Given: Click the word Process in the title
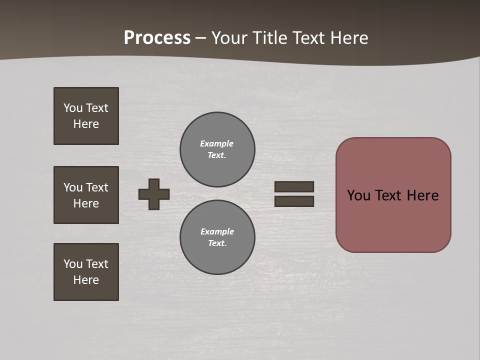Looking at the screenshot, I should tap(157, 38).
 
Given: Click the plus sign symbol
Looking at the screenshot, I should tap(154, 194).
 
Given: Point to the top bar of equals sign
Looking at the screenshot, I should tap(294, 186).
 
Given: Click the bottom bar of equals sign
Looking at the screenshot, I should tap(294, 201).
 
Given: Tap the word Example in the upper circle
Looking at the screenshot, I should tap(216, 143).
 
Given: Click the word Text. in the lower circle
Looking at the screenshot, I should tap(217, 243).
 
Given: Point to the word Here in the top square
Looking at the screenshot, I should tap(86, 124).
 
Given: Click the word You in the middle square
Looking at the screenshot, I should tap(72, 187).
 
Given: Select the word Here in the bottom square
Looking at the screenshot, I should tap(86, 280).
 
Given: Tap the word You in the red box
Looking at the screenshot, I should tap(358, 195).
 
